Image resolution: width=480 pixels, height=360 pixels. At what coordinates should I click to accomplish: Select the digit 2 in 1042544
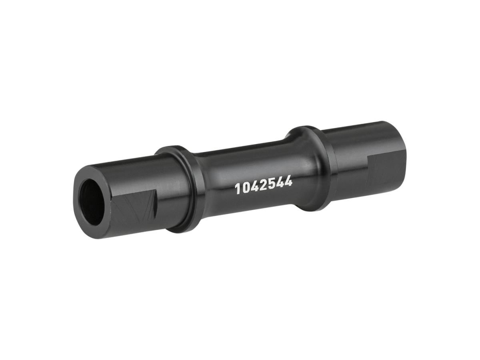pos(262,185)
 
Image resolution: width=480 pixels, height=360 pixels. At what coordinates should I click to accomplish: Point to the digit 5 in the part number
pos(271,184)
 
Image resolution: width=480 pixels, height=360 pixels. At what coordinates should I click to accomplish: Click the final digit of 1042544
pos(289,182)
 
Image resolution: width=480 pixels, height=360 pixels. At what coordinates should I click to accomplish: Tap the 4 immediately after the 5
pos(280,183)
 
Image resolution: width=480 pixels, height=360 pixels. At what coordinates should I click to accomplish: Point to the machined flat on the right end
pos(386,168)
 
